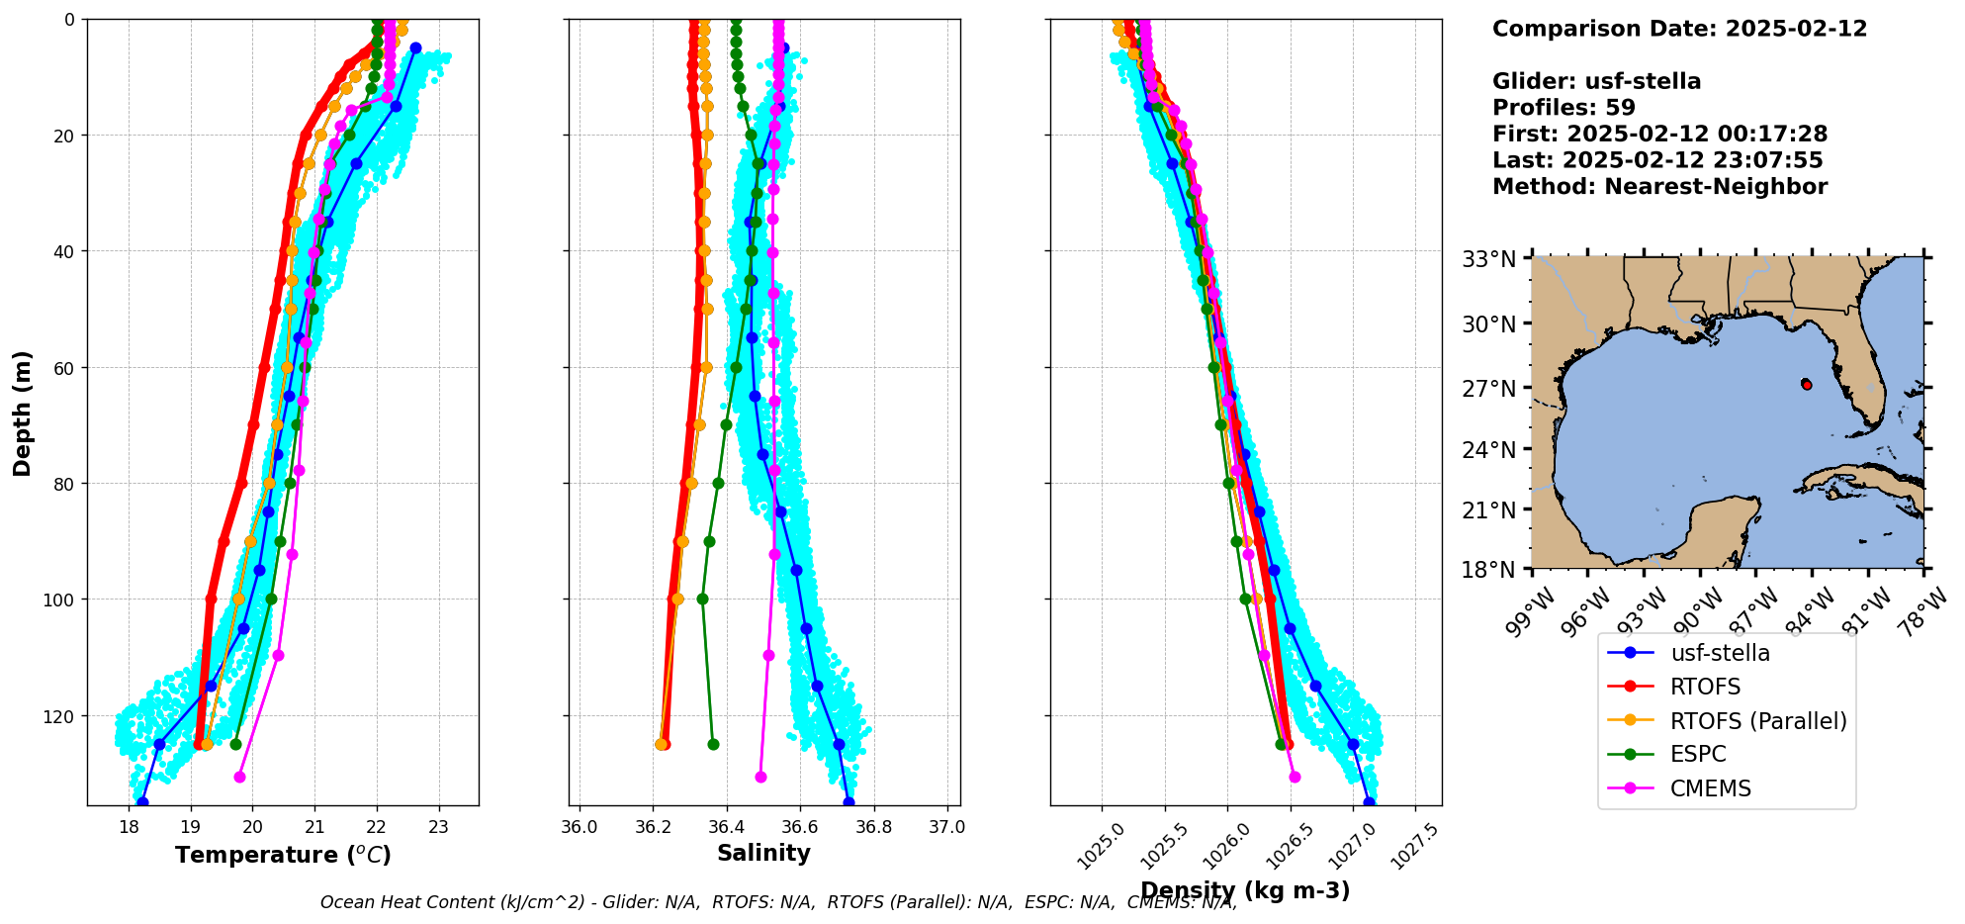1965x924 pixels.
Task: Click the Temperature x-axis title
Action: [283, 855]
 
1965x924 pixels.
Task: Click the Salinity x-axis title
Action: [763, 853]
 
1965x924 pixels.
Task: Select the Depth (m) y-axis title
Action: [23, 413]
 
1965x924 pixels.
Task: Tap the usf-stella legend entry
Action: [1720, 653]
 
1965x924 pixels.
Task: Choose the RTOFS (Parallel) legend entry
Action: [1758, 721]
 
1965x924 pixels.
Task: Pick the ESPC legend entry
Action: [1698, 755]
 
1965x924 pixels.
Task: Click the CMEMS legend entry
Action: [1711, 788]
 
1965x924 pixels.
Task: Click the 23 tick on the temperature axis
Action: [439, 827]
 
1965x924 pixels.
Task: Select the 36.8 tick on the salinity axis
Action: [873, 827]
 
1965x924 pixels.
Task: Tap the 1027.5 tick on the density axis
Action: [1416, 846]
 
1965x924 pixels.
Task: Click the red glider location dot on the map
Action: [1807, 384]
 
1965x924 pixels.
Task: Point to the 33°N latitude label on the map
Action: [1489, 259]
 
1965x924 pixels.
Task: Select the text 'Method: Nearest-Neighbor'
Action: [1659, 187]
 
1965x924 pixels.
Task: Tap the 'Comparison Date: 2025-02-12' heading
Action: [1679, 29]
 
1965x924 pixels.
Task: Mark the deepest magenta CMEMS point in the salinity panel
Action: [760, 777]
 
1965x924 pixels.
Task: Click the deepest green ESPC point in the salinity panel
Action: [713, 744]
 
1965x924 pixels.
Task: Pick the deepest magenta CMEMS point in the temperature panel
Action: [239, 777]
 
